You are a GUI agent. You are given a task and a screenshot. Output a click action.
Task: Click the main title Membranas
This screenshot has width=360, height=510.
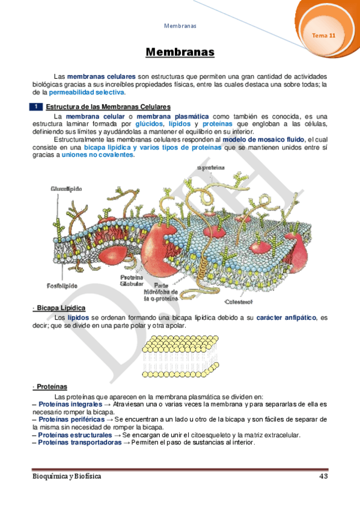coord(180,52)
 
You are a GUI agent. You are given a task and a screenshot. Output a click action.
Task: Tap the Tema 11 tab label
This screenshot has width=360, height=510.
coord(323,35)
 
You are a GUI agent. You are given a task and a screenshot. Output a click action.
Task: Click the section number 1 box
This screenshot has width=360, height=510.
coord(37,106)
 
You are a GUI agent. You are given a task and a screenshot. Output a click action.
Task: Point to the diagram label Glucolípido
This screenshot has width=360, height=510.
coord(66,189)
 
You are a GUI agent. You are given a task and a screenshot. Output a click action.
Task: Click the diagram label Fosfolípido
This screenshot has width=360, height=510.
coord(63,285)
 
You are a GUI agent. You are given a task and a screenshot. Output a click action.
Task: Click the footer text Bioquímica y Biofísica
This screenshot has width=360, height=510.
coord(66,476)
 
